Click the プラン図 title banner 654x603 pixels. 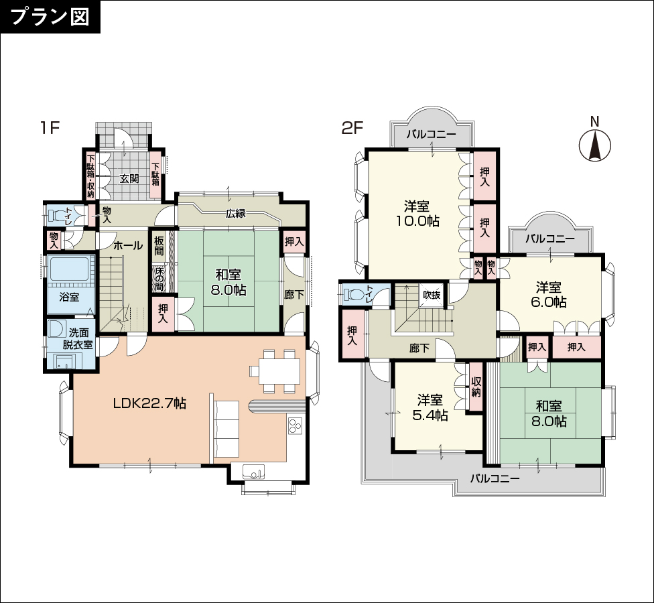pyautogui.click(x=50, y=17)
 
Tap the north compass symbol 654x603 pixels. pyautogui.click(x=595, y=145)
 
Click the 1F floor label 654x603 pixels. pyautogui.click(x=50, y=128)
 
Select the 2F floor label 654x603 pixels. pyautogui.click(x=353, y=128)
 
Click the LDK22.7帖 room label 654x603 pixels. pyautogui.click(x=150, y=403)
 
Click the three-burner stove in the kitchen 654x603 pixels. pyautogui.click(x=296, y=425)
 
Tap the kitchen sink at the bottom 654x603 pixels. pyautogui.click(x=253, y=473)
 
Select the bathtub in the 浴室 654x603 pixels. pyautogui.click(x=69, y=269)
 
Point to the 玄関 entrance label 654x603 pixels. pyautogui.click(x=129, y=179)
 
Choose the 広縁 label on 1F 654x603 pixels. pyautogui.click(x=236, y=214)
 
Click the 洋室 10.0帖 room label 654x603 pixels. pyautogui.click(x=417, y=213)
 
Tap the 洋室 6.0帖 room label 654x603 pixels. pyautogui.click(x=549, y=294)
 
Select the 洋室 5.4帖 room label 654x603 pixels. pyautogui.click(x=430, y=407)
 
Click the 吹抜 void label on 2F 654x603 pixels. pyautogui.click(x=432, y=295)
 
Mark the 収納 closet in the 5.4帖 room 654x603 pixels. pyautogui.click(x=476, y=387)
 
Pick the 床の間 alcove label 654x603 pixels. pyautogui.click(x=159, y=279)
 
